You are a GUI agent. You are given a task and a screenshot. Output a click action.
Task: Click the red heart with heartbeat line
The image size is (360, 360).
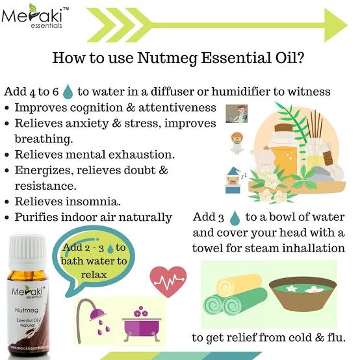click(x=168, y=281)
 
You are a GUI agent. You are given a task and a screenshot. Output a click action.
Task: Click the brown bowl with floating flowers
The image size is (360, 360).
click(x=303, y=294)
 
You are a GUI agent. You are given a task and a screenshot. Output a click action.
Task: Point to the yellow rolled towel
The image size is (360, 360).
click(x=238, y=285)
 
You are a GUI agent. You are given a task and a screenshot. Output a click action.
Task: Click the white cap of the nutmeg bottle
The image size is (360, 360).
click(x=27, y=252)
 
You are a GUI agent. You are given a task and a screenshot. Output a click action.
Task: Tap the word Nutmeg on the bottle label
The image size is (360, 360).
click(x=27, y=310)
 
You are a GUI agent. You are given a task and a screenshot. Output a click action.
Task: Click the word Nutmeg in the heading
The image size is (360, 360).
click(x=167, y=58)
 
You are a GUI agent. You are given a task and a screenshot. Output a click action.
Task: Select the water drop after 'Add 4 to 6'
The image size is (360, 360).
click(x=68, y=92)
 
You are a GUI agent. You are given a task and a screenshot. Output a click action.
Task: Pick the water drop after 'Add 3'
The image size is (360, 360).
click(x=235, y=218)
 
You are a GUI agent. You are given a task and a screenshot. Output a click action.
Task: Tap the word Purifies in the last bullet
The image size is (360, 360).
click(x=36, y=217)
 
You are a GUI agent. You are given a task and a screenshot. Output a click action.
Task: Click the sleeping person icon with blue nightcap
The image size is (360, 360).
click(x=235, y=180)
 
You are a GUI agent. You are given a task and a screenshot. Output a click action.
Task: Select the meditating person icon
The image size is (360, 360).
click(x=237, y=143)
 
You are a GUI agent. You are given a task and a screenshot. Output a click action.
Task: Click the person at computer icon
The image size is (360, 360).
click(x=237, y=114)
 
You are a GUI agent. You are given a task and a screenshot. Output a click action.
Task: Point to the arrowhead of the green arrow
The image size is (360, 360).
click(x=335, y=25)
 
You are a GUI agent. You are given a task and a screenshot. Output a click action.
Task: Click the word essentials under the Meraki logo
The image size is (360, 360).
click(x=46, y=25)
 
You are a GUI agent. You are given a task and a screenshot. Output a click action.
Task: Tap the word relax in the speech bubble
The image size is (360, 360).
click(x=94, y=275)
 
